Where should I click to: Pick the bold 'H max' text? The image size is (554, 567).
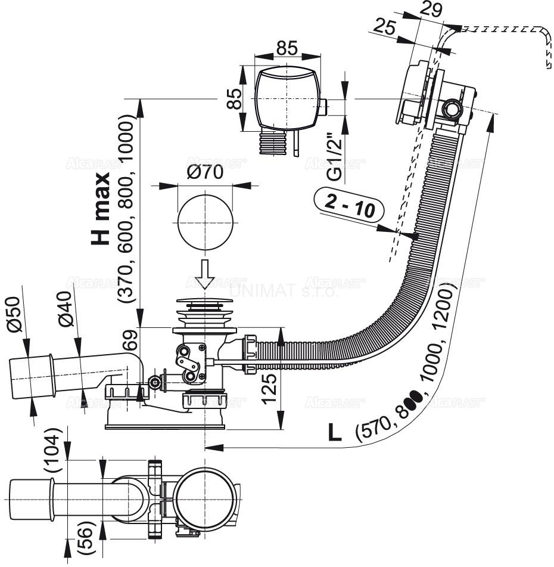(101, 209)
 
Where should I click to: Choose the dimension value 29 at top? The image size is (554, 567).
(430, 10)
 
